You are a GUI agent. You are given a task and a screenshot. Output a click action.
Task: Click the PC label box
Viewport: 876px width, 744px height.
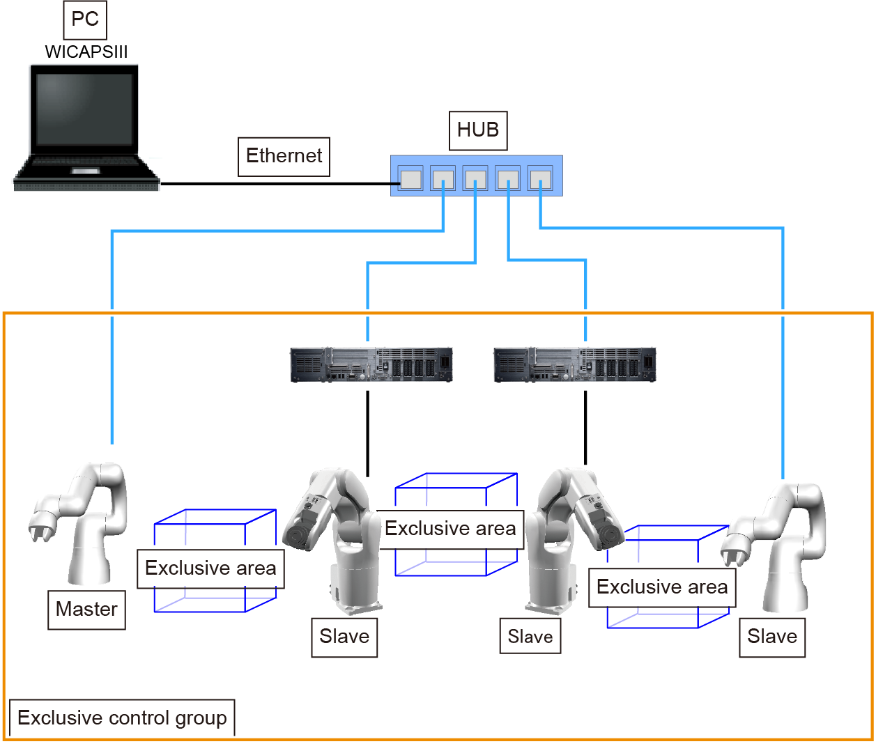pyautogui.click(x=86, y=20)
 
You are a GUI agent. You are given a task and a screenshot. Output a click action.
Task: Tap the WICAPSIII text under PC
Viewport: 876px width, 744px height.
pyautogui.click(x=86, y=52)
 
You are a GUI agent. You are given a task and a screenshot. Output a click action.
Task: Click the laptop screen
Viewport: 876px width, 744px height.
pyautogui.click(x=84, y=109)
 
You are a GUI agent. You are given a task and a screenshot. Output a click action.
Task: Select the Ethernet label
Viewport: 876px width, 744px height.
pyautogui.click(x=284, y=156)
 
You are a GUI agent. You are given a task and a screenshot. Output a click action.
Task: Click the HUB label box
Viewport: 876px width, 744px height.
pyautogui.click(x=478, y=130)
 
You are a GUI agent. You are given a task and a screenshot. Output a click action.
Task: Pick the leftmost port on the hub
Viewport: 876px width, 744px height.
pyautogui.click(x=410, y=179)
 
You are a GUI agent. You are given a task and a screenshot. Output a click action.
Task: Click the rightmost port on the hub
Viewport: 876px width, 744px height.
pyautogui.click(x=540, y=179)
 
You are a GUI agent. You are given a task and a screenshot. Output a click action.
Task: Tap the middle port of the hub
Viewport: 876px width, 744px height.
pyautogui.click(x=475, y=179)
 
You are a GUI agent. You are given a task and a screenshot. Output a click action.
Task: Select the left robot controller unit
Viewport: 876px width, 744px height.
pyautogui.click(x=371, y=364)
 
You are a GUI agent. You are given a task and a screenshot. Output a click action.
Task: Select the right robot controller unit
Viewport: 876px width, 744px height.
pyautogui.click(x=575, y=364)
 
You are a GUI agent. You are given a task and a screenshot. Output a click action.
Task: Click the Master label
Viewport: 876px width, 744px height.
pyautogui.click(x=86, y=610)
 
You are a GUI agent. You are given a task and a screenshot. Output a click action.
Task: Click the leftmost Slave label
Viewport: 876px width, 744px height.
pyautogui.click(x=344, y=637)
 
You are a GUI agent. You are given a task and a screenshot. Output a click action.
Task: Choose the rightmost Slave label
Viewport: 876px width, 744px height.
pyautogui.click(x=772, y=637)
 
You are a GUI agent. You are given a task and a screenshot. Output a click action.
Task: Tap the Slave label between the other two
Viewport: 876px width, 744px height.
pyautogui.click(x=530, y=637)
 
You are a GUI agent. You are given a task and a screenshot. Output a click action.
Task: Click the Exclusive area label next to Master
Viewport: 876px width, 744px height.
pyautogui.click(x=210, y=568)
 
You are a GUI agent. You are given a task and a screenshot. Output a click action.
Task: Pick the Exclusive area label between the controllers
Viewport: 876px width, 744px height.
pyautogui.click(x=450, y=529)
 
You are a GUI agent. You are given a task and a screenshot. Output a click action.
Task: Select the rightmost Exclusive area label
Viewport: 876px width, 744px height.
pyautogui.click(x=662, y=587)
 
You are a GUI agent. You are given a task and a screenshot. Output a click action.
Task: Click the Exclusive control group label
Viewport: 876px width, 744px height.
pyautogui.click(x=122, y=718)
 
